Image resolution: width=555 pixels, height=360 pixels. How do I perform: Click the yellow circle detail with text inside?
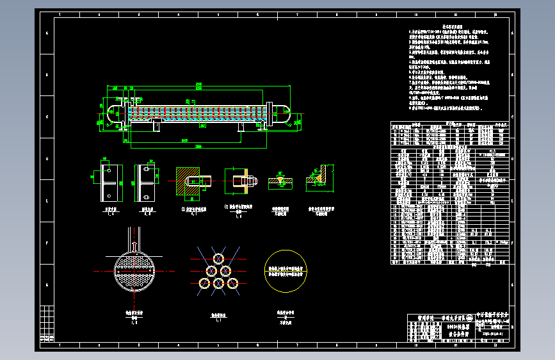286,271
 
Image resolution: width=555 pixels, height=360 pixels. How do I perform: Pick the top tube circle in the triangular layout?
219,259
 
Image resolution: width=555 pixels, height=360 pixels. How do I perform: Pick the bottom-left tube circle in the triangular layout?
205,283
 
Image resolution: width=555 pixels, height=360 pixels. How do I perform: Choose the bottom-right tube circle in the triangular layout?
233,283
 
